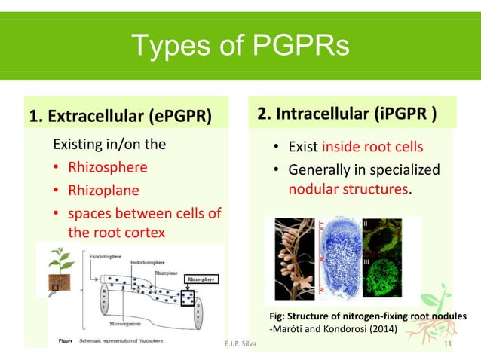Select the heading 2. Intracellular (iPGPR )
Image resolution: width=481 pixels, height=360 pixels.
coord(346,115)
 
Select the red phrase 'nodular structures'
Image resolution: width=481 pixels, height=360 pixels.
coord(349,189)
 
